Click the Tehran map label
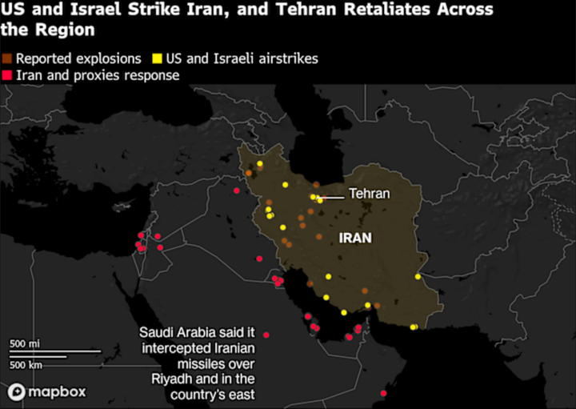pos(369,194)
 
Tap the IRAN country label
pos(355,238)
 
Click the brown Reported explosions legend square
pos(6,59)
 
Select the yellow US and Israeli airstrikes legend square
pos(158,59)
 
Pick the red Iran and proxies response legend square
pos(6,75)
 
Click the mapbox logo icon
pos(16,392)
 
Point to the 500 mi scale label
pos(25,343)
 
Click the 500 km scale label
pos(26,364)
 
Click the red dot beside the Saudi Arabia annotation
pos(266,335)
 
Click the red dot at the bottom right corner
pos(384,394)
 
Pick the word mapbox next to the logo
pos(56,392)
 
